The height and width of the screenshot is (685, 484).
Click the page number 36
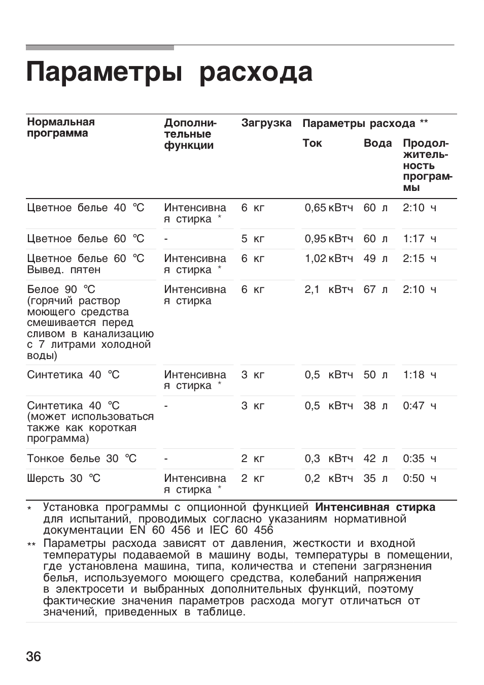[x=33, y=656]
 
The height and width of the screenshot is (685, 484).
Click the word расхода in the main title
[x=256, y=72]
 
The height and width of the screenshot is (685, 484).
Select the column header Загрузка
[x=266, y=123]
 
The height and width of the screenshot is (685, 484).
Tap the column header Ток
[x=312, y=143]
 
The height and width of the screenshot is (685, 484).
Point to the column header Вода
[x=377, y=143]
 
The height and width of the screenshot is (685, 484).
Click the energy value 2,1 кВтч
[x=328, y=289]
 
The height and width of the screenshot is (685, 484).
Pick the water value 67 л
[x=375, y=289]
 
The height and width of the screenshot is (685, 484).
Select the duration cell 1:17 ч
[x=420, y=239]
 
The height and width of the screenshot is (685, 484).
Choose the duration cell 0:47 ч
[x=420, y=406]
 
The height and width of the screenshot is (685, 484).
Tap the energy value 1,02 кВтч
[x=328, y=258]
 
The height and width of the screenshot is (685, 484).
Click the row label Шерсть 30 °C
[x=64, y=478]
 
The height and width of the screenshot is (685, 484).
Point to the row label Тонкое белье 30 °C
[x=82, y=459]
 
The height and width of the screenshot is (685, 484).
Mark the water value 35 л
[x=375, y=478]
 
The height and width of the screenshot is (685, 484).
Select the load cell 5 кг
[x=253, y=239]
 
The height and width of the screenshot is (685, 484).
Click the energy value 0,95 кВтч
[x=328, y=239]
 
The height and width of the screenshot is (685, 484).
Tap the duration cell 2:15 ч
[x=420, y=258]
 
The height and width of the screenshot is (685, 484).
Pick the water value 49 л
[x=375, y=258]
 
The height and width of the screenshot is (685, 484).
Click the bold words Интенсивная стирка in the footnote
[x=375, y=507]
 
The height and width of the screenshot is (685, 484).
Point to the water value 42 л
[x=375, y=459]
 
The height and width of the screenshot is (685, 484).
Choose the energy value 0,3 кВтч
[x=328, y=459]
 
